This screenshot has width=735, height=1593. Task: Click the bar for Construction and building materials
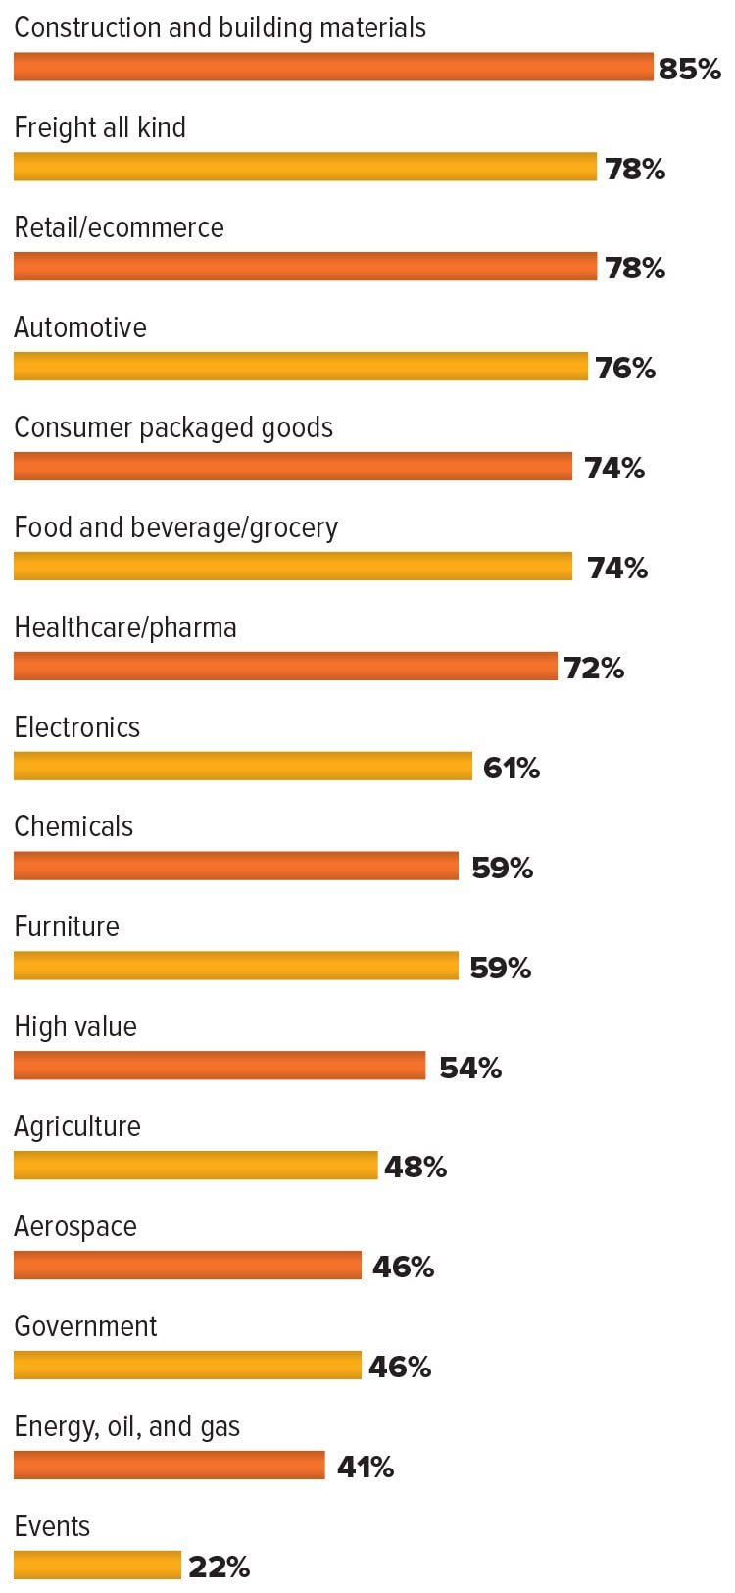(x=333, y=67)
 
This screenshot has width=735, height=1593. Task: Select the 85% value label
(x=690, y=69)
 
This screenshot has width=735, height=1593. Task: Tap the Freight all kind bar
(x=305, y=167)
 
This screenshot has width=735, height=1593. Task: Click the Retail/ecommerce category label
(x=119, y=227)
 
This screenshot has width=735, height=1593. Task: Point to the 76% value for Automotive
(x=625, y=369)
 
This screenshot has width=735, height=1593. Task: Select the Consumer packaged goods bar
(x=293, y=466)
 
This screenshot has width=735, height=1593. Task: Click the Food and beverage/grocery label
(x=175, y=527)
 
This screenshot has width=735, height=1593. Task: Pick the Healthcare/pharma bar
(x=285, y=667)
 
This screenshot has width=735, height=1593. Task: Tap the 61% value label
(x=512, y=768)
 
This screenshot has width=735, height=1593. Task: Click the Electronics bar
(x=243, y=766)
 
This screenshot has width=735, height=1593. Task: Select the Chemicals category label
(x=73, y=826)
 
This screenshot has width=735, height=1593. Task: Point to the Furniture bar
(x=236, y=966)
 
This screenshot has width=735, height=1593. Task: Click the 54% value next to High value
(x=470, y=1068)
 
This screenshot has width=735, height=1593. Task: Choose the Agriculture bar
(x=195, y=1165)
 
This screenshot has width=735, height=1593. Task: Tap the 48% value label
(x=416, y=1167)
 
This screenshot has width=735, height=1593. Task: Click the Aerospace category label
(x=75, y=1226)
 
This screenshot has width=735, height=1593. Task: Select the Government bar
(x=187, y=1365)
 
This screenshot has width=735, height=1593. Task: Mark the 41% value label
(x=366, y=1467)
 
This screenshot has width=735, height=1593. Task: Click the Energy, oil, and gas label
(x=126, y=1426)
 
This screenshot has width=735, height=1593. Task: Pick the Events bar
(x=97, y=1565)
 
